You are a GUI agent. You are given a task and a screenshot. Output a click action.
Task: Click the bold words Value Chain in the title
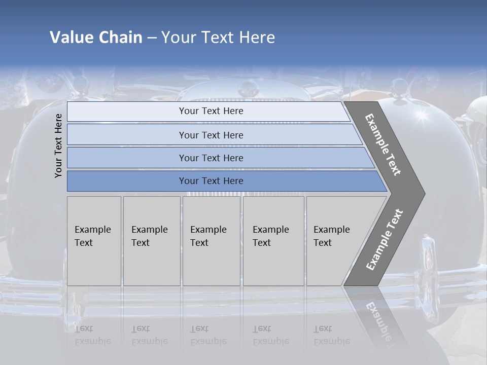[x=96, y=38]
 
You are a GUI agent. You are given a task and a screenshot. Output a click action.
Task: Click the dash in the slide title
[x=152, y=38]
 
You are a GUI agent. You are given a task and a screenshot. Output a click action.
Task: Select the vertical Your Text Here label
[x=58, y=145]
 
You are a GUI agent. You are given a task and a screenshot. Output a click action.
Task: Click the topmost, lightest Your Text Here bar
[x=211, y=111]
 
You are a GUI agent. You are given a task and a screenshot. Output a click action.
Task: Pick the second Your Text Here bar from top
[x=211, y=135]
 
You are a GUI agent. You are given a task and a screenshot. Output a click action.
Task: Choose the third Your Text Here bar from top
[x=211, y=158]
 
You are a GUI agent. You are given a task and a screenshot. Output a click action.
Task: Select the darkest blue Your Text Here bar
[x=211, y=181]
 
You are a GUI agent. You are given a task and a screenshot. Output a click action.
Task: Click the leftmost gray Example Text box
[x=94, y=241]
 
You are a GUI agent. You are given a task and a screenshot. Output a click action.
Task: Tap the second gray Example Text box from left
[x=151, y=241]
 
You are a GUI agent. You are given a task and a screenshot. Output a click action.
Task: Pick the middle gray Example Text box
[x=211, y=241]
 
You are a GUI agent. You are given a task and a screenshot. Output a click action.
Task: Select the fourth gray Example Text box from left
[x=273, y=241]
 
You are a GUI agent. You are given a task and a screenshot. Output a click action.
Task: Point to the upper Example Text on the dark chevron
[x=384, y=144]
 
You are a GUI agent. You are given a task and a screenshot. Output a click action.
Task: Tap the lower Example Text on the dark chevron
[x=385, y=239]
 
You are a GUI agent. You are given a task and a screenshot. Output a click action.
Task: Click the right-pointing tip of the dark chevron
[x=423, y=193]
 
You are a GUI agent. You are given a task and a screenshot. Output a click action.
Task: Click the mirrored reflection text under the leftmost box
[x=92, y=336]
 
